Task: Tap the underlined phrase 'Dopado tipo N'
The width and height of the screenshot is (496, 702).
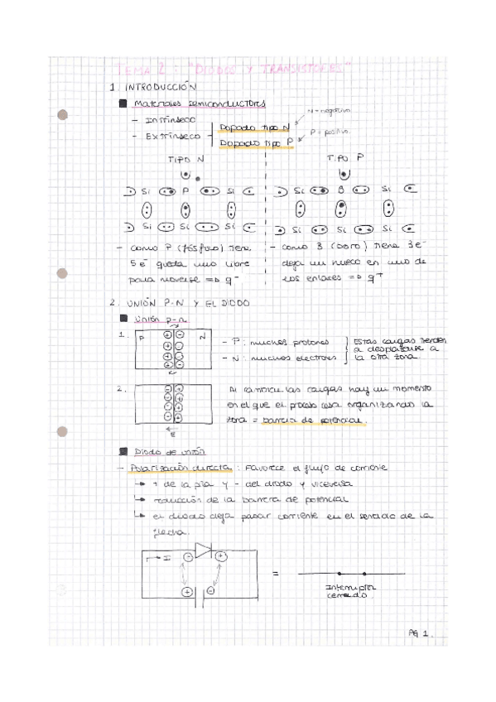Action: (253, 127)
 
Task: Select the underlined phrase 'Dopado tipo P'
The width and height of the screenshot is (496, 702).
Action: (254, 143)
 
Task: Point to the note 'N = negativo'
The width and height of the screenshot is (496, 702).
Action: (329, 110)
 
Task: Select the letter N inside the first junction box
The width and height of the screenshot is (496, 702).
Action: (201, 339)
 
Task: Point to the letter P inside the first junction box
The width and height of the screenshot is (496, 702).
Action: (142, 339)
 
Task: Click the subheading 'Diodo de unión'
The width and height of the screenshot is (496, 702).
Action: (159, 451)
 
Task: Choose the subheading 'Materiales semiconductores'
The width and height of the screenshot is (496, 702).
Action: (200, 103)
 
